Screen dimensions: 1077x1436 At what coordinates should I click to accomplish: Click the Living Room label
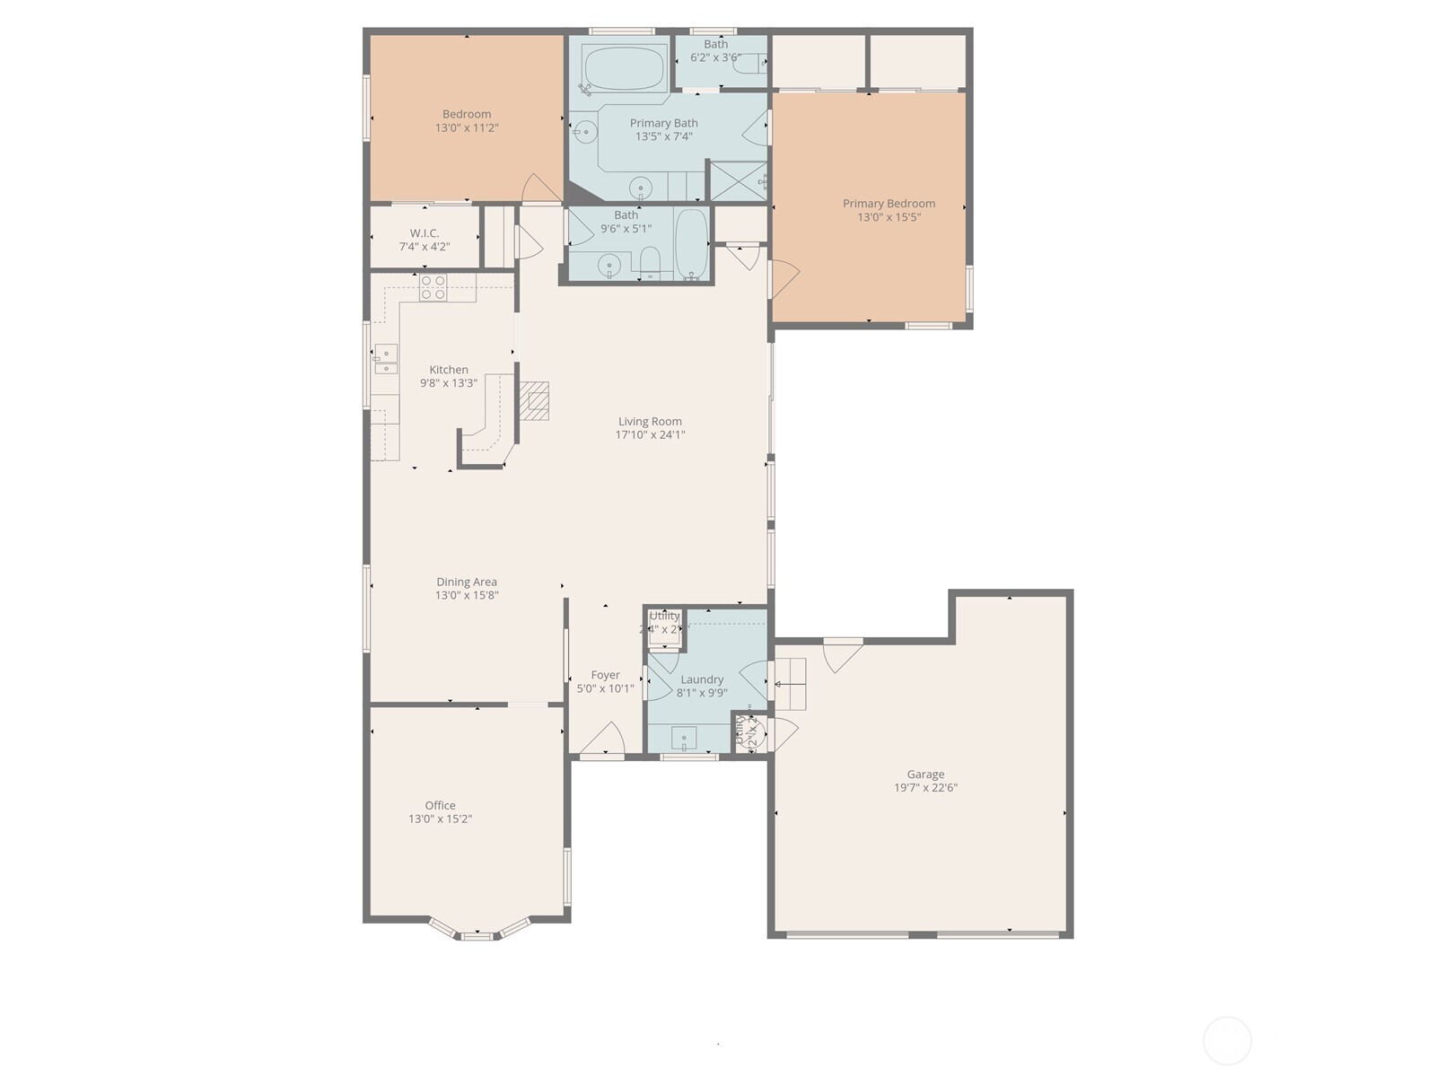coord(650,421)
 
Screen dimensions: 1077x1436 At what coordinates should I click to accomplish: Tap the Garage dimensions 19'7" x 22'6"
coord(925,788)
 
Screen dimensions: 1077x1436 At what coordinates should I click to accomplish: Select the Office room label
coord(440,805)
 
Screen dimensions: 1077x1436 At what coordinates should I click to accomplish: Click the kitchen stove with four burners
coord(433,287)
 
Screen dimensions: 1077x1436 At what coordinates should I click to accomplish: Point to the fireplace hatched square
coord(536,401)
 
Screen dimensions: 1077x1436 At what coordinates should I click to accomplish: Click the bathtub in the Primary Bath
coord(624,68)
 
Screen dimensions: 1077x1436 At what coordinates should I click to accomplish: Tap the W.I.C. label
coord(425,232)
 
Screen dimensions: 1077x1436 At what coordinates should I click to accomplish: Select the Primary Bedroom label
coord(889,203)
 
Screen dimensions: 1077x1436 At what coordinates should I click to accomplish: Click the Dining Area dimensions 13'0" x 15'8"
coord(467,595)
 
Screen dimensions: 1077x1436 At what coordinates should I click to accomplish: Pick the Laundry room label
coord(702,679)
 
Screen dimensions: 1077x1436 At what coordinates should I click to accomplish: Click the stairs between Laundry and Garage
coord(790,684)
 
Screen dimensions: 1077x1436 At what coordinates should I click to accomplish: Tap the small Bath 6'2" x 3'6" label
coord(715,44)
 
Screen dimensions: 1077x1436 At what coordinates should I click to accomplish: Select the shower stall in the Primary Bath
coord(738,180)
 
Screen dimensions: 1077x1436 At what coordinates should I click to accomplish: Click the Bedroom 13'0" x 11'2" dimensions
coord(467,128)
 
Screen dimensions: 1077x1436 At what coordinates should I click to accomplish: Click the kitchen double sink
coord(386,359)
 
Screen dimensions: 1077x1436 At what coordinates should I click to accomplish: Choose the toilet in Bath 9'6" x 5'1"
coord(651,261)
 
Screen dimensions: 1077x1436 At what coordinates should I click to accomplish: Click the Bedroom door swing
coord(541,189)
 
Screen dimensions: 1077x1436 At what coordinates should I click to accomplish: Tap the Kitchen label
coord(449,369)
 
